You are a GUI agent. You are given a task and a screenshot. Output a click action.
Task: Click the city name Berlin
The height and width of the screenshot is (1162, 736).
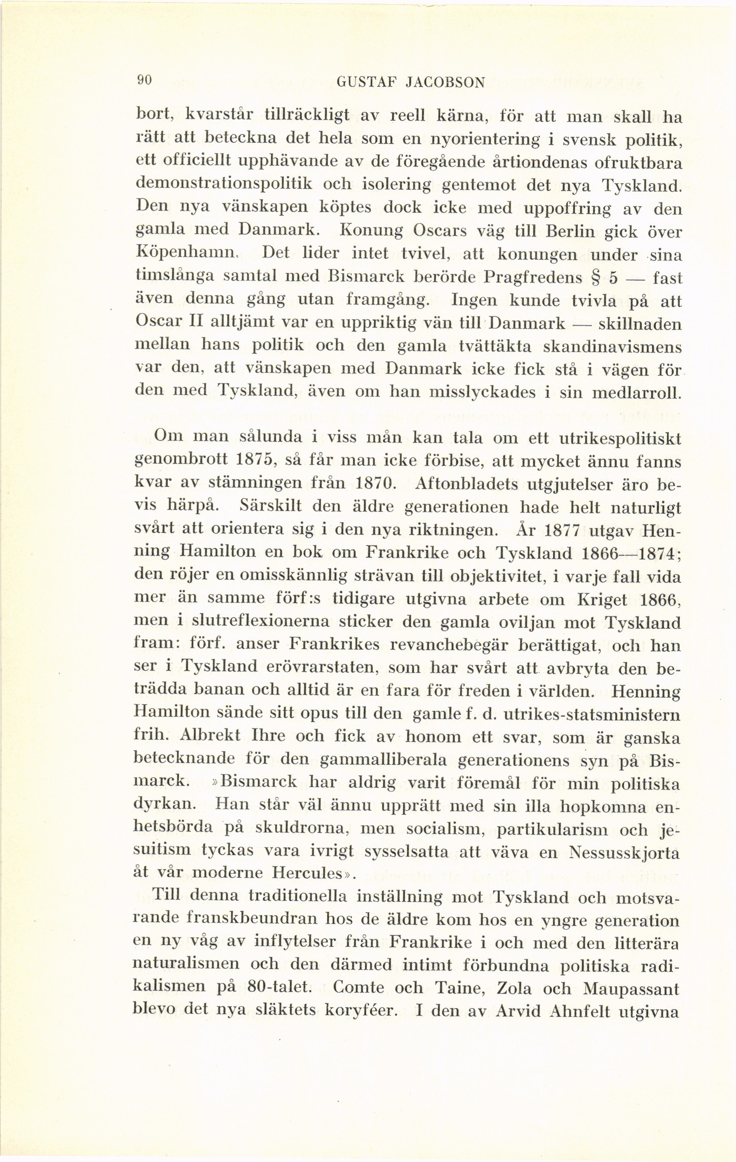point(569,231)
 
